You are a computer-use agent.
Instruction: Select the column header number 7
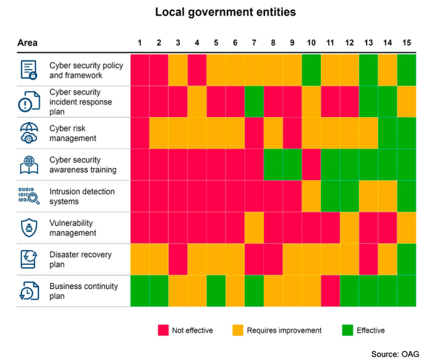[255, 43]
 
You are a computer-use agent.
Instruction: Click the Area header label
[27, 43]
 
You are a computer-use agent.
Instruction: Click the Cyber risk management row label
[73, 133]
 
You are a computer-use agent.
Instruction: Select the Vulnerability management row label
[73, 228]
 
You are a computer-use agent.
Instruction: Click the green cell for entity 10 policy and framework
[311, 70]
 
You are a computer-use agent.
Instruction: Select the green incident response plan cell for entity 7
[255, 102]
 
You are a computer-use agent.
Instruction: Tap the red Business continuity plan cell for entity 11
[330, 291]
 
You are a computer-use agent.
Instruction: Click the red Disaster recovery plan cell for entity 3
[179, 259]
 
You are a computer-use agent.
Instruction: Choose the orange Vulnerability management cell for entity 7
[255, 228]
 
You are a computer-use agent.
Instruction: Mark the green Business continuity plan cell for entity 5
[216, 291]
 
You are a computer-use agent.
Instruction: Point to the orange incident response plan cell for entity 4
[198, 102]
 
